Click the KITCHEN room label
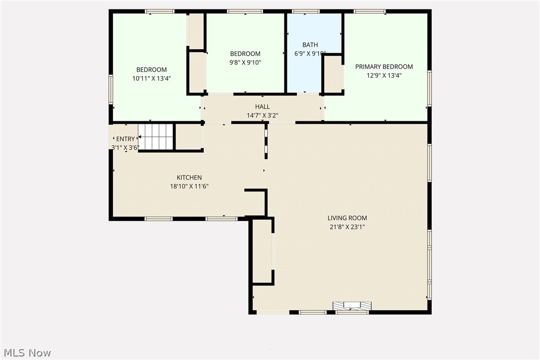189,178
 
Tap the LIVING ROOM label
347,218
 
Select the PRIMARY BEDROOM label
384,67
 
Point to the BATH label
310,45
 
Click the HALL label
263,106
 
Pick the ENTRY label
125,139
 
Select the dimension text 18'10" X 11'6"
189,186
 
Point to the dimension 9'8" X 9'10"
245,63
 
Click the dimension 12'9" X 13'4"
384,76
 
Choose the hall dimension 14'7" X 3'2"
263,115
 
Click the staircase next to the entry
156,136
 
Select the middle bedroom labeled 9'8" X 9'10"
245,75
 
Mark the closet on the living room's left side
263,251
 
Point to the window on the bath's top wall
305,11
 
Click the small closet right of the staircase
188,136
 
